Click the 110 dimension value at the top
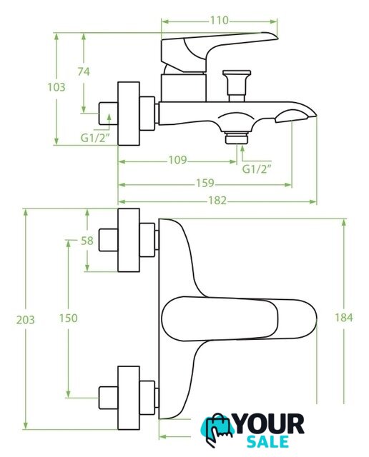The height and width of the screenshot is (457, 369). click(220, 21)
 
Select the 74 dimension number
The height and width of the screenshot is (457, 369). click(84, 71)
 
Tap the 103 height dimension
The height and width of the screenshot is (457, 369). click(56, 87)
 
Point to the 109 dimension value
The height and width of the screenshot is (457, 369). click(177, 160)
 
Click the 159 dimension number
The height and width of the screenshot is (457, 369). click(205, 183)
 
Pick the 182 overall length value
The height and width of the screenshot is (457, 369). click(217, 201)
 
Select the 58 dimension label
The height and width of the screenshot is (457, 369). click(87, 241)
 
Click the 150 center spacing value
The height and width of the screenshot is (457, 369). click(69, 318)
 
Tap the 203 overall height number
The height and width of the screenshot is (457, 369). click(26, 320)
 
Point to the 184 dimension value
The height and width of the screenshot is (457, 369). click(343, 317)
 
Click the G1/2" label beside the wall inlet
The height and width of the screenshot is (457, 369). click(95, 138)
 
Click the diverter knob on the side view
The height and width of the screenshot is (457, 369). click(237, 85)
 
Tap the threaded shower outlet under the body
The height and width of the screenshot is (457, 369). click(237, 138)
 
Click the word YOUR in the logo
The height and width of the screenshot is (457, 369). click(269, 424)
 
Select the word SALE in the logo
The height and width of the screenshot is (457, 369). click(267, 441)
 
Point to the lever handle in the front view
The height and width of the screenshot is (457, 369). click(239, 319)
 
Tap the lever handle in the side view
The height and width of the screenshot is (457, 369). click(219, 49)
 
